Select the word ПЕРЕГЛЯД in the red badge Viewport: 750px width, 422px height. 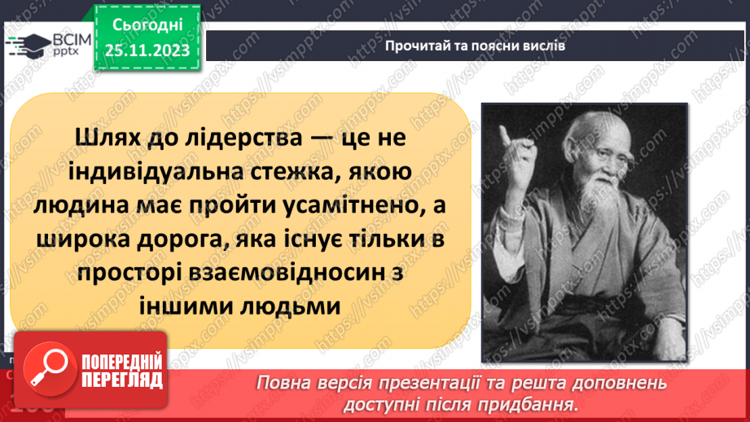(x=122, y=380)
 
